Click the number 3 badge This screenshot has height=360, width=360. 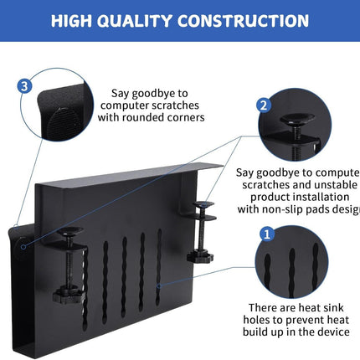click(x=25, y=85)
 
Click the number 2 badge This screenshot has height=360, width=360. click(x=263, y=105)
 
